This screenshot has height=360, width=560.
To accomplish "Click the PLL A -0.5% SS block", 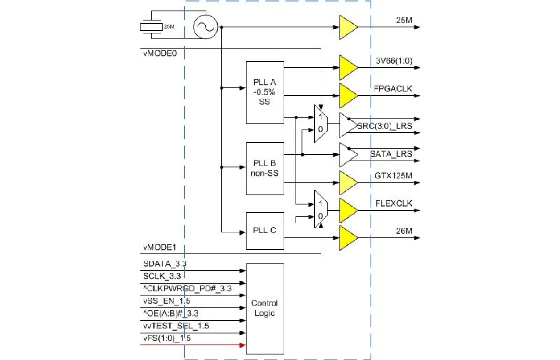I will [x=265, y=92].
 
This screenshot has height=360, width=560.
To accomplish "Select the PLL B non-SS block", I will [x=265, y=169].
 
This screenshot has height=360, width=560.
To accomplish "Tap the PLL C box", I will [x=265, y=231].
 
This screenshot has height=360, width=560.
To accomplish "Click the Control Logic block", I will [x=265, y=308].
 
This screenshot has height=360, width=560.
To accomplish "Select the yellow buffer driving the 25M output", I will [x=348, y=27].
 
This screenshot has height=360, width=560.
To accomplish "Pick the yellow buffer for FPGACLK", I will [x=348, y=95].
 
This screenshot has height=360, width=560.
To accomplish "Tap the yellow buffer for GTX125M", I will [x=348, y=182].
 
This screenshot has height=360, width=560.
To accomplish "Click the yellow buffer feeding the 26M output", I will [x=348, y=237].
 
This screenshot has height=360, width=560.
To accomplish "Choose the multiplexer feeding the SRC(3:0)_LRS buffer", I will [x=321, y=124].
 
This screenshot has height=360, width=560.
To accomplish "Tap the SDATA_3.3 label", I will [x=165, y=264].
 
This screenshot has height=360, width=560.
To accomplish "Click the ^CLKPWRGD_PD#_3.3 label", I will [x=188, y=289].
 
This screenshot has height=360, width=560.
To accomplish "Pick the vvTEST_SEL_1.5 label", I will [x=176, y=326].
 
